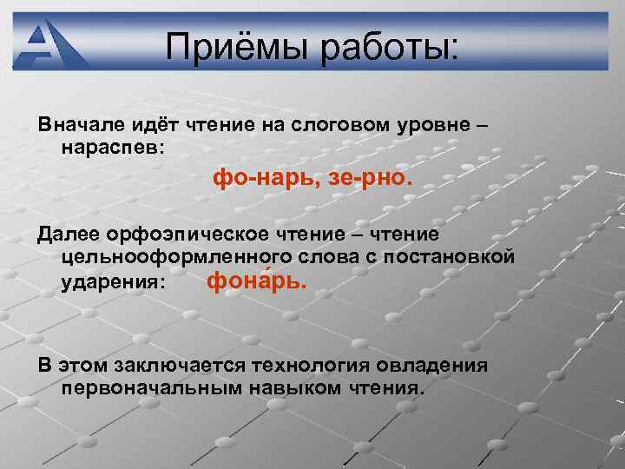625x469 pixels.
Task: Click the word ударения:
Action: (114, 282)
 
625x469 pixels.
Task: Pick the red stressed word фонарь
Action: (257, 281)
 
